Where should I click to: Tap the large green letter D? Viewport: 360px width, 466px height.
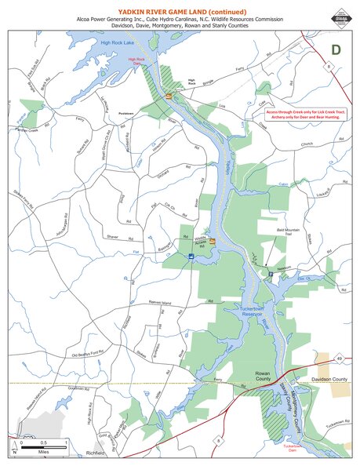[336, 49]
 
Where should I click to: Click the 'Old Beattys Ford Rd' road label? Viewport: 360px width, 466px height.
[89, 357]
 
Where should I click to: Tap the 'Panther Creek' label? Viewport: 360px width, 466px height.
[24, 130]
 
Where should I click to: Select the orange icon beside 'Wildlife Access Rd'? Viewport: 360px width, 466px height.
[212, 242]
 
